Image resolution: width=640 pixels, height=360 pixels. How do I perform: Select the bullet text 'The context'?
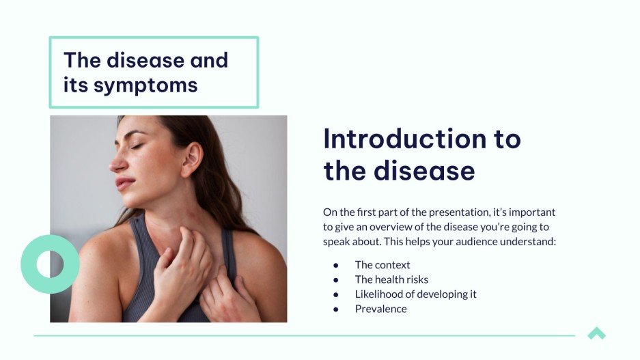pyautogui.click(x=382, y=264)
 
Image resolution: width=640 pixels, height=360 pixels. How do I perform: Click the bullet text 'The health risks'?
pyautogui.click(x=391, y=279)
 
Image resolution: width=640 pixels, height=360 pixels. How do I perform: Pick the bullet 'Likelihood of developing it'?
pyautogui.click(x=415, y=294)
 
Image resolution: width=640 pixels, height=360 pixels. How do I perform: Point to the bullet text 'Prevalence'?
pyautogui.click(x=380, y=309)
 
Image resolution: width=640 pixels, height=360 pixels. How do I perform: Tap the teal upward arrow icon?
pyautogui.click(x=596, y=333)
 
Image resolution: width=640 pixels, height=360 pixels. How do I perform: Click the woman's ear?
pyautogui.click(x=191, y=158)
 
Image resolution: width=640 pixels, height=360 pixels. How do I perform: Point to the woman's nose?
pyautogui.click(x=117, y=163)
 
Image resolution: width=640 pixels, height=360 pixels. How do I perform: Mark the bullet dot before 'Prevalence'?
pyautogui.click(x=336, y=309)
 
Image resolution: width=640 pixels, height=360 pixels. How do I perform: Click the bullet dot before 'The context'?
pyautogui.click(x=336, y=265)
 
